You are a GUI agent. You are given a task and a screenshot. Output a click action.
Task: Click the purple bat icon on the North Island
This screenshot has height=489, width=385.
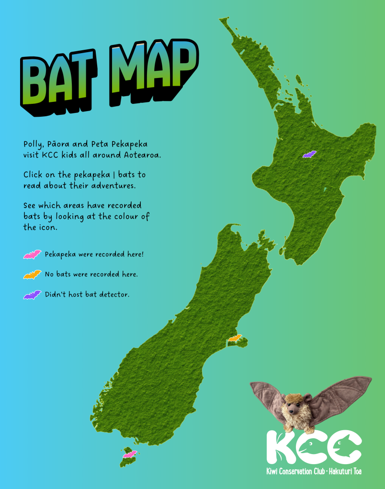309,155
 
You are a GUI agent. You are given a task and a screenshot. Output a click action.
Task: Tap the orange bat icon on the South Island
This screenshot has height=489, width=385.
235,338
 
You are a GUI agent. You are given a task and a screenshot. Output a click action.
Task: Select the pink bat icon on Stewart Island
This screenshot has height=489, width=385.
130,454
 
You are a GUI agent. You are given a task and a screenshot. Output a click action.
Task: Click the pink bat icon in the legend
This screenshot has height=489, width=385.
32,255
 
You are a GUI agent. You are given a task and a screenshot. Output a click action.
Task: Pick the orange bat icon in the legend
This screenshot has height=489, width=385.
32,275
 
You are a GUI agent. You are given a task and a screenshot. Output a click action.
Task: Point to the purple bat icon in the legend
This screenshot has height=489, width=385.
32,295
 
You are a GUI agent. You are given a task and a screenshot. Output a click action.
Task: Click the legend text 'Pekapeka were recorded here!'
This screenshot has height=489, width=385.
94,254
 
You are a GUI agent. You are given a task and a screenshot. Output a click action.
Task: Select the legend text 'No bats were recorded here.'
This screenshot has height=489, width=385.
91,274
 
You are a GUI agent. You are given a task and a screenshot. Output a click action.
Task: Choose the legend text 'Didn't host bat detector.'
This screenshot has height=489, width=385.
87,295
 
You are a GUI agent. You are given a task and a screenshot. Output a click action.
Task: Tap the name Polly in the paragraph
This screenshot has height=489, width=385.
34,144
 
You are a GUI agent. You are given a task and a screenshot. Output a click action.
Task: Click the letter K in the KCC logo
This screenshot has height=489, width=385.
283,447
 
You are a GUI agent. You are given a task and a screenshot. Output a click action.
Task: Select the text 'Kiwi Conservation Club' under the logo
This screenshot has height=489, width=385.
295,472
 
